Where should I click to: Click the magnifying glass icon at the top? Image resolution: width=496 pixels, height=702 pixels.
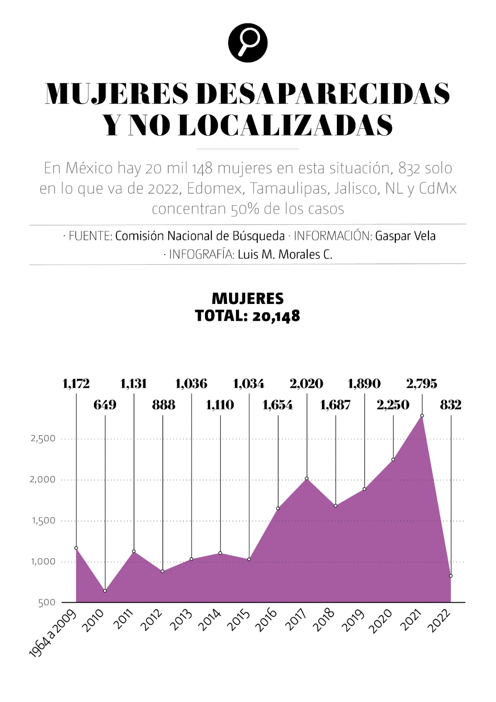pyautogui.click(x=248, y=43)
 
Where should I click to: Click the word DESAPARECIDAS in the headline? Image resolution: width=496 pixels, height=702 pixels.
pyautogui.click(x=323, y=94)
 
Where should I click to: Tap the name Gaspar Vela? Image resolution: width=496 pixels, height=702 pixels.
pyautogui.click(x=405, y=236)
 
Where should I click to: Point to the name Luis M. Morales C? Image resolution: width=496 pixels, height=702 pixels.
pyautogui.click(x=285, y=254)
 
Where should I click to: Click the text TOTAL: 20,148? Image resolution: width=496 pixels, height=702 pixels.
pyautogui.click(x=248, y=316)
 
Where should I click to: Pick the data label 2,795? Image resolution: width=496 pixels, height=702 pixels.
pyautogui.click(x=422, y=384)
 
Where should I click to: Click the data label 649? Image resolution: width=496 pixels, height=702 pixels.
pyautogui.click(x=105, y=405)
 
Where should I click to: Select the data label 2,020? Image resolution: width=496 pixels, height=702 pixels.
pyautogui.click(x=306, y=384)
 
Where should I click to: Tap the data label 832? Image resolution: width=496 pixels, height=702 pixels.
pyautogui.click(x=451, y=405)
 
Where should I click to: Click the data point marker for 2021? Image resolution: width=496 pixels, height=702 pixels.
pyautogui.click(x=422, y=416)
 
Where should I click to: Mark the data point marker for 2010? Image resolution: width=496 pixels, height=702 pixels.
pyautogui.click(x=105, y=591)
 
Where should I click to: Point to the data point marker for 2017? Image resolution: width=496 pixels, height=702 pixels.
pyautogui.click(x=307, y=479)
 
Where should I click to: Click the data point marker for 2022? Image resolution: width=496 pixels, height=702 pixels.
pyautogui.click(x=451, y=576)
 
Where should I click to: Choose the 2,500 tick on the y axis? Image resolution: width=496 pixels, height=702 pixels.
pyautogui.click(x=43, y=439)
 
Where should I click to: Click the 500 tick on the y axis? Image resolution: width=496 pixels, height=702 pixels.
pyautogui.click(x=47, y=603)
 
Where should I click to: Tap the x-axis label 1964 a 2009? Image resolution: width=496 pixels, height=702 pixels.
pyautogui.click(x=53, y=633)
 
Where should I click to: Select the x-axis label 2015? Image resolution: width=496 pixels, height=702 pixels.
pyautogui.click(x=240, y=620)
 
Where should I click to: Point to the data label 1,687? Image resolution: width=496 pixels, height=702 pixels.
pyautogui.click(x=335, y=405)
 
